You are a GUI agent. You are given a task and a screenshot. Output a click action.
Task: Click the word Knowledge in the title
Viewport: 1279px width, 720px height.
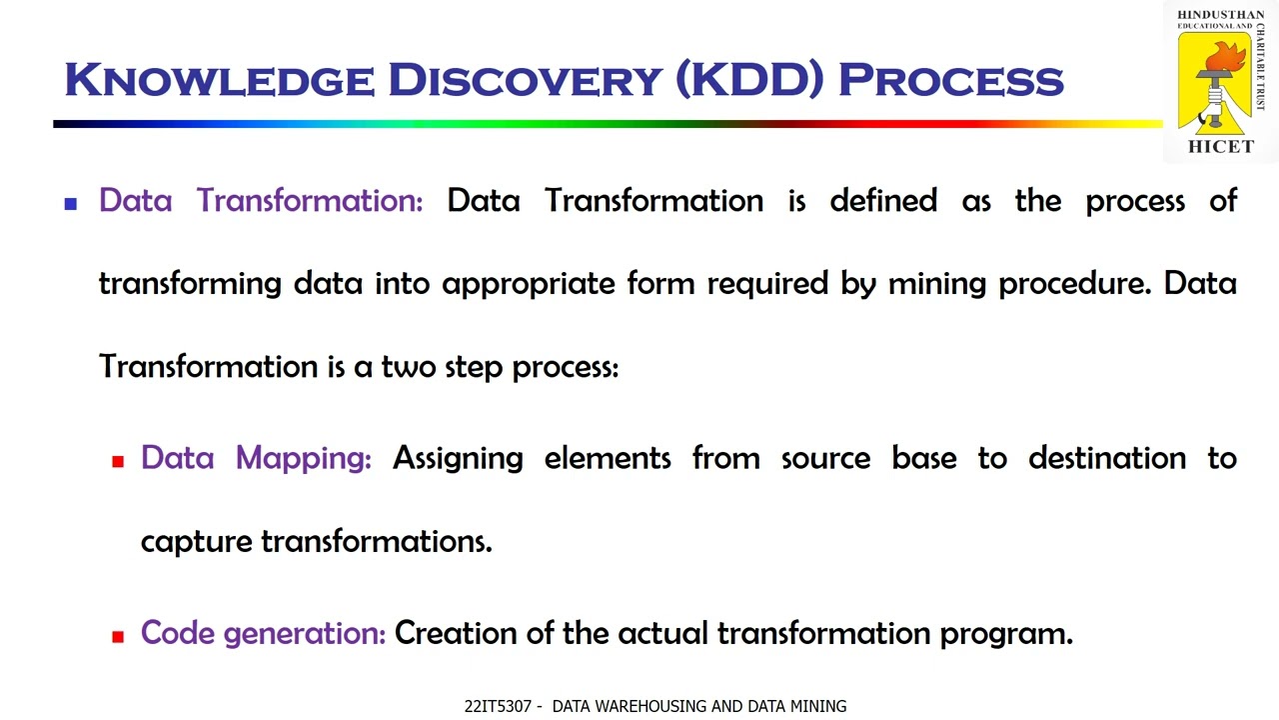tap(219, 80)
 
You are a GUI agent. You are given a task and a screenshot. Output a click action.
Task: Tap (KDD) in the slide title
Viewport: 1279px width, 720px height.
tap(749, 80)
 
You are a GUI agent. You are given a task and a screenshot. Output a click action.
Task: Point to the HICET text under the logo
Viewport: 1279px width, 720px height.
tap(1220, 147)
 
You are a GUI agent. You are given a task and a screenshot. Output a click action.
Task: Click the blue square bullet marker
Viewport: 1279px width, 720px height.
tap(71, 203)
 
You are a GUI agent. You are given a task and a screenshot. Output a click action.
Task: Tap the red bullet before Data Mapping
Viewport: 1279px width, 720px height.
tap(118, 461)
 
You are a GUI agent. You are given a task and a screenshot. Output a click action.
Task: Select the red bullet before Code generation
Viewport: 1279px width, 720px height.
tap(118, 636)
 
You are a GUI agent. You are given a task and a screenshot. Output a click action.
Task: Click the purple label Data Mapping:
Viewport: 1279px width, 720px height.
tap(256, 458)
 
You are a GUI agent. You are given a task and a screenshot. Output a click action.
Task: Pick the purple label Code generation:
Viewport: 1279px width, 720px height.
tap(263, 633)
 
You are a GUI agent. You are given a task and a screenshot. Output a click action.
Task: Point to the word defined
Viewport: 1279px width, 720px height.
tap(883, 201)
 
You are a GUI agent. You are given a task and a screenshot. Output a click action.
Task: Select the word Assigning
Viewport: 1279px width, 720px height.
tap(458, 459)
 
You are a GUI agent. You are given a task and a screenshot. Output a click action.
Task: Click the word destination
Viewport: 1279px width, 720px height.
tap(1107, 458)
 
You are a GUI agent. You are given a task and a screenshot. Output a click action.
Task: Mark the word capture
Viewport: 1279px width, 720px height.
tap(196, 542)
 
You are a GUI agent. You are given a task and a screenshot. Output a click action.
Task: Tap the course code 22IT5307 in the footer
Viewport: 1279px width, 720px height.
tap(498, 707)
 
